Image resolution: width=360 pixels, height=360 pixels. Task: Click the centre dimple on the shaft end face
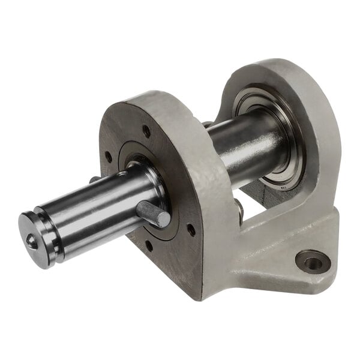[x=31, y=241]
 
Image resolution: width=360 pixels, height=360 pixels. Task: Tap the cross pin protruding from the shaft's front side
[x=152, y=213]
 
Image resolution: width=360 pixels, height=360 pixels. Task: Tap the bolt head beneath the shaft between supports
[x=239, y=210]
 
